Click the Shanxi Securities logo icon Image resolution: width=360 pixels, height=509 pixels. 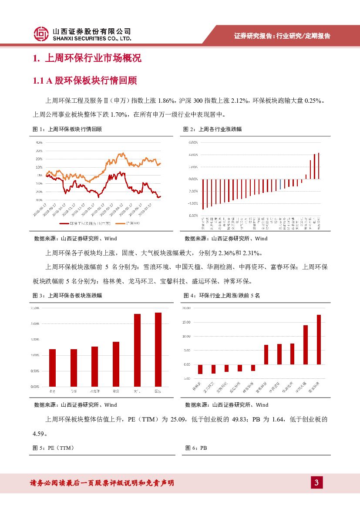[41, 33]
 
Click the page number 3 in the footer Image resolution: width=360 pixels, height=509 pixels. [316, 482]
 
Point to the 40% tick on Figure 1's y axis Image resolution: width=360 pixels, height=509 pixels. [39, 142]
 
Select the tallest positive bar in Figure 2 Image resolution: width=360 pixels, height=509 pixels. [319, 166]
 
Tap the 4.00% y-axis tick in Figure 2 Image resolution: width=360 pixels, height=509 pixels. [193, 155]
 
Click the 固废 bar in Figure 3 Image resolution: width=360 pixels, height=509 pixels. [158, 349]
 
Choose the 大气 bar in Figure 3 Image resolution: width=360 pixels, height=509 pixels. [137, 350]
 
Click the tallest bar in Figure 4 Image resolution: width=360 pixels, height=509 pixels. [319, 339]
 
